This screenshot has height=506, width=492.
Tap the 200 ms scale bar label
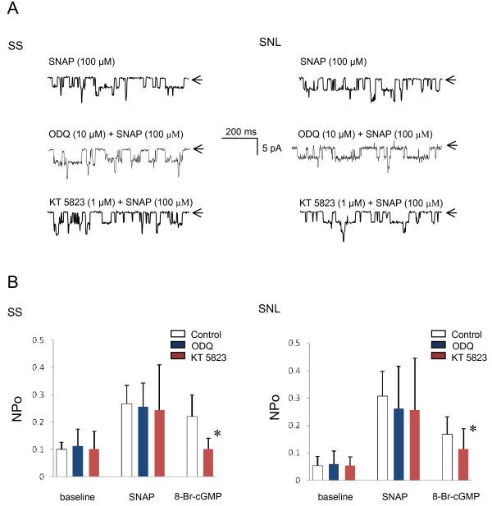pos(240,130)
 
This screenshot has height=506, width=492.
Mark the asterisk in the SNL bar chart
pos(473,428)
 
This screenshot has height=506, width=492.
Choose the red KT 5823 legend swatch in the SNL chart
pos(436,358)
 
